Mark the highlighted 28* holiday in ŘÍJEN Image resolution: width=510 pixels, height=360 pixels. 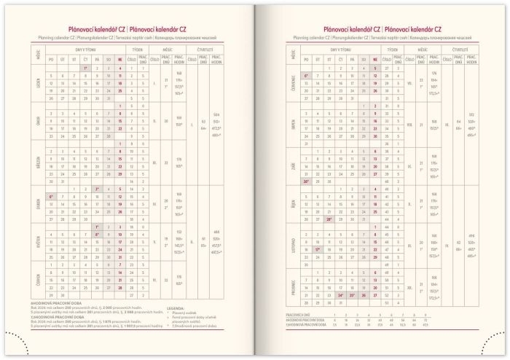click(330, 219)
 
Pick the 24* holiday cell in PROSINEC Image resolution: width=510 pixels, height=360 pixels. click(342, 296)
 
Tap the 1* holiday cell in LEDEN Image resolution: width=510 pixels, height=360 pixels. click(85, 68)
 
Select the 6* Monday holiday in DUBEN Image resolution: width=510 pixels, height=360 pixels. click(51, 197)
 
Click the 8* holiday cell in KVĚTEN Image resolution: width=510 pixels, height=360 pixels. click(97, 235)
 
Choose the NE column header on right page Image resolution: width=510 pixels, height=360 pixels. click(374, 60)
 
